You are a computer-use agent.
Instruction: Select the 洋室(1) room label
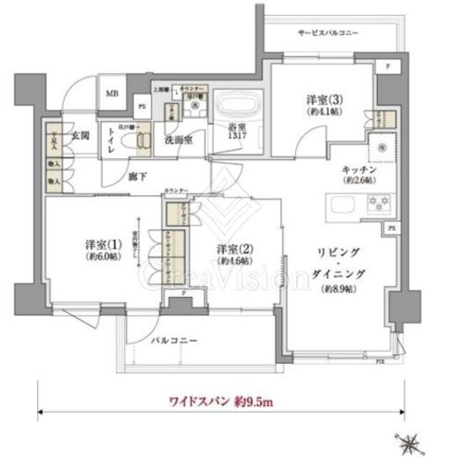(x=103, y=243)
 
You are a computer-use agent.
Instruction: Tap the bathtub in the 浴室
(x=239, y=108)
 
